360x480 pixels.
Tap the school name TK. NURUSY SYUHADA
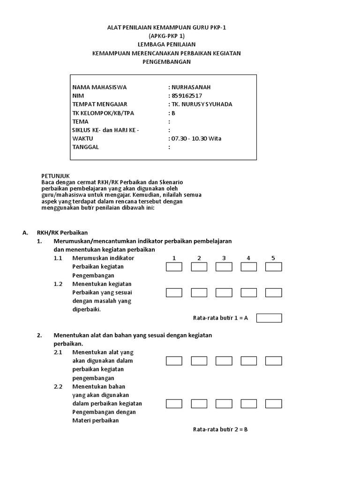202,104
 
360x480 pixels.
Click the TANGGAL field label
86,147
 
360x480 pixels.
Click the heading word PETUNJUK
55,175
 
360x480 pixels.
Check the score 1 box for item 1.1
174,267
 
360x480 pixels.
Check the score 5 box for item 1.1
273,267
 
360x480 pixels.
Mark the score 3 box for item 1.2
224,292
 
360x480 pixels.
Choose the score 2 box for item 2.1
199,361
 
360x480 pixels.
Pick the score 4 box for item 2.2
248,404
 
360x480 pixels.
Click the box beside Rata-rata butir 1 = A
269,318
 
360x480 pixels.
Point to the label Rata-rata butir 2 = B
220,429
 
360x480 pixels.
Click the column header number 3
224,258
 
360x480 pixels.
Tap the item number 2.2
58,387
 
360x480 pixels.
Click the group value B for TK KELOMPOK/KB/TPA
172,113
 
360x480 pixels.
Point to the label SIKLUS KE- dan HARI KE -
105,130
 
